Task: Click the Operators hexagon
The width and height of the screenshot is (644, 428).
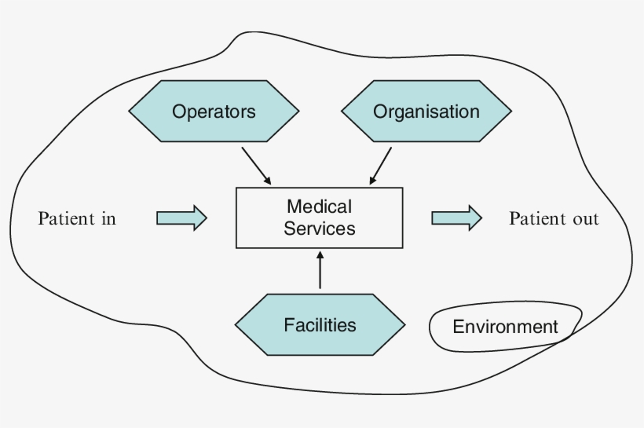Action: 214,112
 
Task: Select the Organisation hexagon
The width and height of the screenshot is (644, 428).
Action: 426,112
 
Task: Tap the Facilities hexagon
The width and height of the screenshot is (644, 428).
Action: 320,325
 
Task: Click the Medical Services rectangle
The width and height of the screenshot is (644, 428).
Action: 320,218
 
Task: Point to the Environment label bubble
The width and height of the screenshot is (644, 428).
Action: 505,327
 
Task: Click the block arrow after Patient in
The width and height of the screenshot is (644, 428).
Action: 181,218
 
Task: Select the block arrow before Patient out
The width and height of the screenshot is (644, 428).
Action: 456,218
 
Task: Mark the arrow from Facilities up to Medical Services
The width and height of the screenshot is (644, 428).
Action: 320,271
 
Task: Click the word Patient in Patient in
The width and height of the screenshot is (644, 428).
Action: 65,218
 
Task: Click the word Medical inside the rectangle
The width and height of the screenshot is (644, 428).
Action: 320,207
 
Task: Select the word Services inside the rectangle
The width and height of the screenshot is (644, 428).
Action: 320,229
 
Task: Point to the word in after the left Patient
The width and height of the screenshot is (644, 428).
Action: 108,218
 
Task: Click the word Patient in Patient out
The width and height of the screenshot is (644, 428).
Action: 538,218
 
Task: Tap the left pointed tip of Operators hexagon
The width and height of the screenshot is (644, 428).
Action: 130,112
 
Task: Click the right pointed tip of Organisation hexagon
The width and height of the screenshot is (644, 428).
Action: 511,112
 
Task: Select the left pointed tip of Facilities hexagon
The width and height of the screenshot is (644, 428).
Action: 237,325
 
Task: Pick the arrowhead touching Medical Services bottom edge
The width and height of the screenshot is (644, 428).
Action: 320,254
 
